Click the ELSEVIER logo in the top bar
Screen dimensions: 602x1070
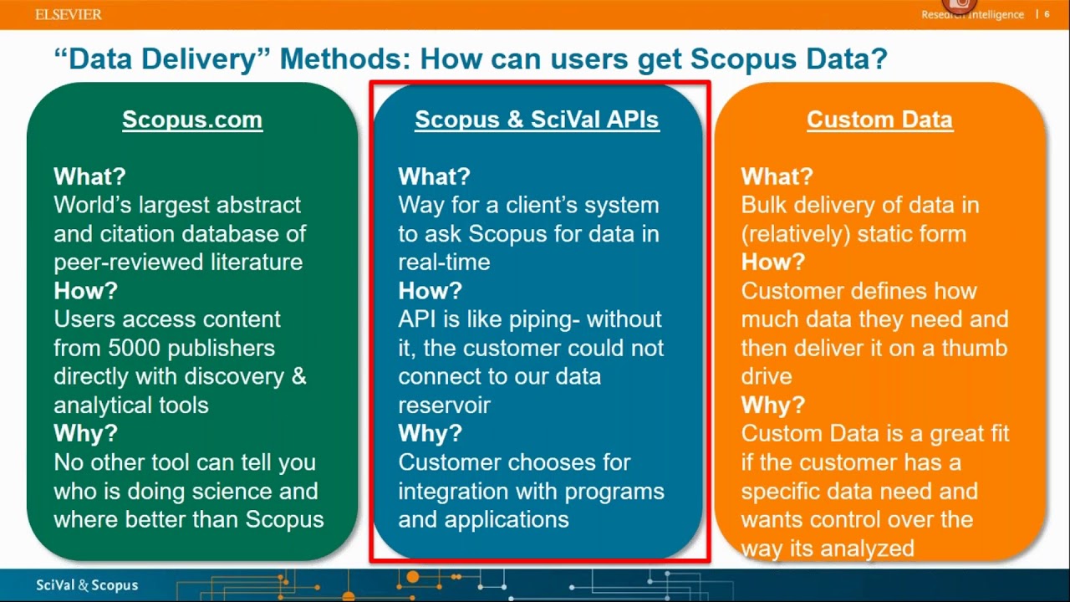tap(69, 14)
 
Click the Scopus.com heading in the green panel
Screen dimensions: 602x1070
tap(192, 120)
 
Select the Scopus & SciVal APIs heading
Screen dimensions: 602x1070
tap(537, 120)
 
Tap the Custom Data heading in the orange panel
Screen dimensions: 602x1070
tap(879, 120)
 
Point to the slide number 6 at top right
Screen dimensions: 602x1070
tap(1047, 14)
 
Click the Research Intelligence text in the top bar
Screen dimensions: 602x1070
tap(972, 15)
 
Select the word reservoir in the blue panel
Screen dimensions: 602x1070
tap(444, 405)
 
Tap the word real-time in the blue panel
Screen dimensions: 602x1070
tap(444, 262)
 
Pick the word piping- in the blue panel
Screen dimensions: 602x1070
tap(533, 319)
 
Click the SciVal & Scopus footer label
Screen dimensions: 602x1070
tap(87, 585)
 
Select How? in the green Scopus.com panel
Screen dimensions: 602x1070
tap(85, 291)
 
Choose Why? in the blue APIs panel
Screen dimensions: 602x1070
tap(430, 434)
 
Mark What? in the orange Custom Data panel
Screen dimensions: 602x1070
tap(777, 176)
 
